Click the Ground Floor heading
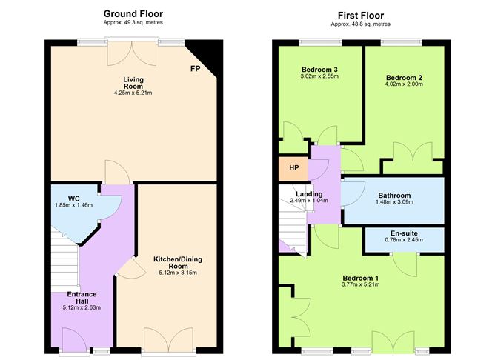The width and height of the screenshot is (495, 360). [x=133, y=13]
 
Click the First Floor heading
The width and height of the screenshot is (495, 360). [x=361, y=13]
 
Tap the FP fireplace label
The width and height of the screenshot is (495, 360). [x=195, y=69]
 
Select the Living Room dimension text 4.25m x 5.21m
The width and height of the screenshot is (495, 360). [x=133, y=93]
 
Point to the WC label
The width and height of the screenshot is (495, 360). [x=73, y=198]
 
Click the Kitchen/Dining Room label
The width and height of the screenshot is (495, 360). [x=178, y=263]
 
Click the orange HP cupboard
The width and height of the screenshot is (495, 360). [x=294, y=168]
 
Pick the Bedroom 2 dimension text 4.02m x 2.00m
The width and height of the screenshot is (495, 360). [x=405, y=84]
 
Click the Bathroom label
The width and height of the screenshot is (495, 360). [x=393, y=194]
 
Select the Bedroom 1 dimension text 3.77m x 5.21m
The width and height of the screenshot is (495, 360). [x=361, y=287]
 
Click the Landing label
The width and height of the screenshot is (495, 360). [x=309, y=193]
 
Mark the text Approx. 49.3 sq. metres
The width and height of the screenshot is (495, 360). [x=133, y=24]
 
